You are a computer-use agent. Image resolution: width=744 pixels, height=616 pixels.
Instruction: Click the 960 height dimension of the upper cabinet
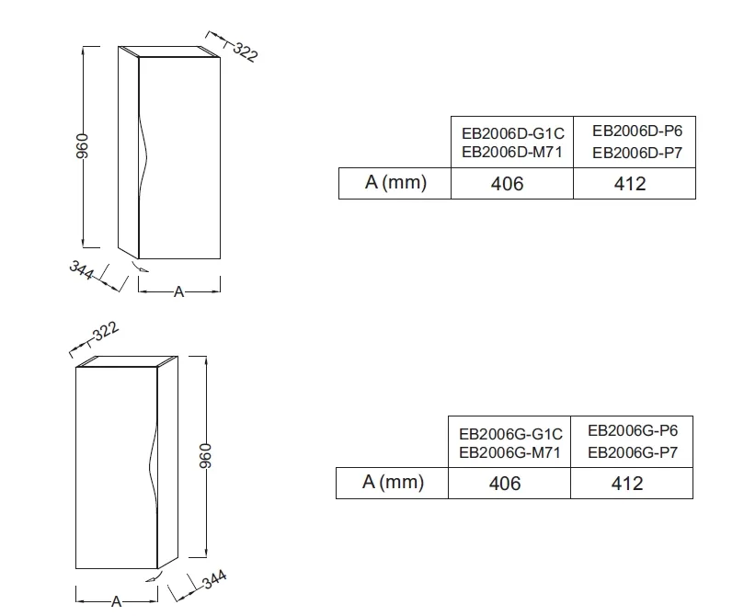tap(82, 146)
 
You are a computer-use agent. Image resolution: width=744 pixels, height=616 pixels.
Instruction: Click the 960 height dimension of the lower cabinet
tap(204, 456)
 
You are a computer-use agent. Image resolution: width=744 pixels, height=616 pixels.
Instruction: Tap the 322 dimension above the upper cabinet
tap(246, 52)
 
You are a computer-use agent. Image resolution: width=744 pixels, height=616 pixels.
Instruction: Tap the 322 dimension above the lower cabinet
tap(106, 332)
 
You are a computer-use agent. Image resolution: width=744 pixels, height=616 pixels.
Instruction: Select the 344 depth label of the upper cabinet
tap(82, 269)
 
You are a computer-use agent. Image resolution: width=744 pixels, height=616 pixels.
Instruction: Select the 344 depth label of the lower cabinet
tap(214, 579)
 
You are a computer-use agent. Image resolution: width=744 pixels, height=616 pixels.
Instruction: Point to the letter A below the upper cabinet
tap(179, 291)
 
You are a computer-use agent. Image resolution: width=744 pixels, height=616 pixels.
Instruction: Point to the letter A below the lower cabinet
tap(116, 602)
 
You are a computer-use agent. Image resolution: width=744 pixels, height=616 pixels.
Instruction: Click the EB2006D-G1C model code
tap(513, 133)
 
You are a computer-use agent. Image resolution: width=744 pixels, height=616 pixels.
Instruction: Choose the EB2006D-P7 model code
tap(637, 153)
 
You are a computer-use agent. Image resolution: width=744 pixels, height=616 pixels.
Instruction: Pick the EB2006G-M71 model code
tap(510, 452)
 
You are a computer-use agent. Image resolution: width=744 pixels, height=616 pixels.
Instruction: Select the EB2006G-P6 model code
tap(633, 430)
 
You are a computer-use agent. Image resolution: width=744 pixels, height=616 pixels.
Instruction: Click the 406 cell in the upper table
tap(508, 184)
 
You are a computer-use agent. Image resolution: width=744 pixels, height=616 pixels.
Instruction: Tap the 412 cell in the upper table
tap(630, 184)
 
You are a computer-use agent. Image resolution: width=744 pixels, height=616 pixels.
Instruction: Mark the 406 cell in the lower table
tap(505, 484)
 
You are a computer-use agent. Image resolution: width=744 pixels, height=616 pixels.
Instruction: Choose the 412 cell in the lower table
tap(627, 484)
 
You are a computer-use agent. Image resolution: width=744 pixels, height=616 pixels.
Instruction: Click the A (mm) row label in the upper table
tap(395, 182)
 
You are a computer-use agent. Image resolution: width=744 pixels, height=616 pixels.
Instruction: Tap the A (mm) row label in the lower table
tap(393, 483)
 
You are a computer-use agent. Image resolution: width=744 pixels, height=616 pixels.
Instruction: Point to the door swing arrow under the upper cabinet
tap(140, 266)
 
